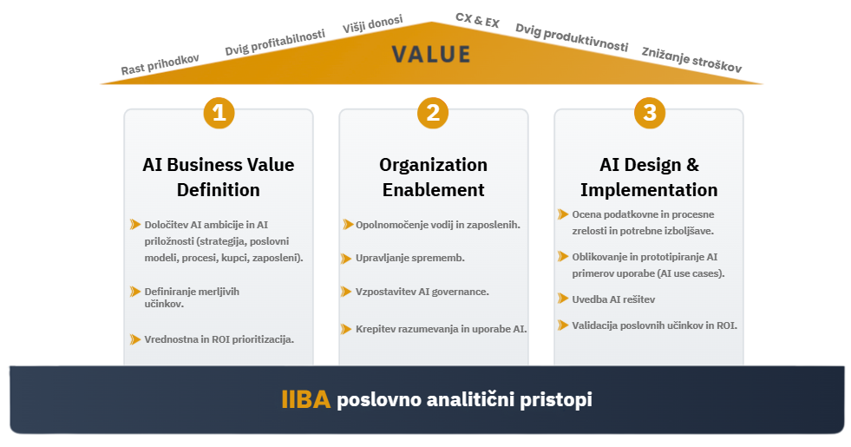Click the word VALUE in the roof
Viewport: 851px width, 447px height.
click(431, 55)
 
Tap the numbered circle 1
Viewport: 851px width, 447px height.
click(219, 113)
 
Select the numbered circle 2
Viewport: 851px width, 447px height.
click(433, 113)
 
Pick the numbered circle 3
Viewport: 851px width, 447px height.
click(650, 113)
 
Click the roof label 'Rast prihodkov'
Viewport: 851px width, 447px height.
click(160, 64)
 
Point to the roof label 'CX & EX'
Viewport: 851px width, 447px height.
click(477, 21)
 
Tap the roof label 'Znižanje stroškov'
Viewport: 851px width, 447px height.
click(691, 60)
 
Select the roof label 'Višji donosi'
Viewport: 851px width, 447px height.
click(373, 24)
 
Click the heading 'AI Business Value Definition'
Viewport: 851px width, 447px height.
click(219, 177)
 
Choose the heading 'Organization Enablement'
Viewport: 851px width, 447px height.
click(433, 177)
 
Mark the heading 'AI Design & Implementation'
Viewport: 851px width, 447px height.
click(649, 177)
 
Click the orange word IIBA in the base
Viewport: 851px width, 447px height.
click(305, 400)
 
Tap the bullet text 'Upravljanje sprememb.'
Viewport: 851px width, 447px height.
click(410, 258)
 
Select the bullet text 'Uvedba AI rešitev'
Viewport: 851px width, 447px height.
click(613, 299)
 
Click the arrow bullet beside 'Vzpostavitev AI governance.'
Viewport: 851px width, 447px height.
click(346, 292)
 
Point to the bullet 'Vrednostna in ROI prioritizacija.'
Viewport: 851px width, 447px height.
click(219, 339)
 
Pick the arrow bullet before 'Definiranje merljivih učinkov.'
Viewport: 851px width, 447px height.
click(135, 292)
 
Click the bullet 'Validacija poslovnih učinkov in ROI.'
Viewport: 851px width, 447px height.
click(655, 325)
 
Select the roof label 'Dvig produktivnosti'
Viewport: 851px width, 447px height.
click(572, 37)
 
